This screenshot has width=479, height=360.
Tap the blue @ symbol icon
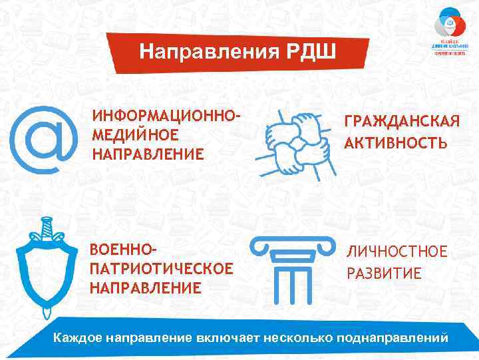(x=41, y=139)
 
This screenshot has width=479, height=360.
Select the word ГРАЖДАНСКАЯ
(x=401, y=122)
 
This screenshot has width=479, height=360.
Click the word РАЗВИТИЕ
(x=384, y=273)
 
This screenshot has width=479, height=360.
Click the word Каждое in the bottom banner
(x=77, y=338)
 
